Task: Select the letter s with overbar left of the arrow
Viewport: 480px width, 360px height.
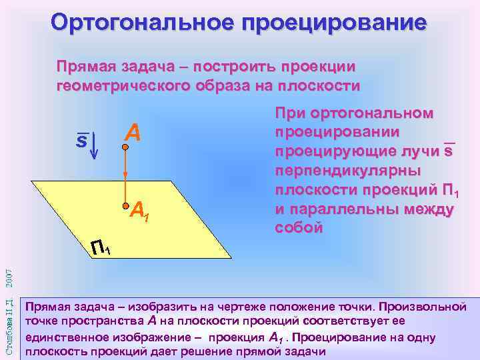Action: (80, 141)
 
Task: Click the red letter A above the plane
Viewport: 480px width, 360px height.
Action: (133, 133)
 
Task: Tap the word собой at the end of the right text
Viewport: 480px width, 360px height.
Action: (299, 227)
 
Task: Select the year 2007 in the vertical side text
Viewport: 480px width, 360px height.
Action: (8, 275)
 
